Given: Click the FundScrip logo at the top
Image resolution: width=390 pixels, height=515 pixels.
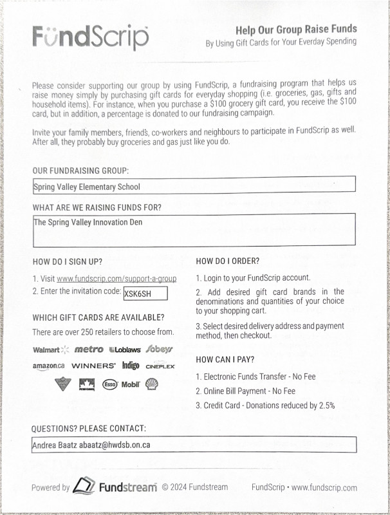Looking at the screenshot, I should [90, 38].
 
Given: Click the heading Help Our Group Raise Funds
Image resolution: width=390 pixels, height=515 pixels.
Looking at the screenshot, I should [296, 29].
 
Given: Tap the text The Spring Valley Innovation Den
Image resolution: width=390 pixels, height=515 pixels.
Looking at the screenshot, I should [88, 223].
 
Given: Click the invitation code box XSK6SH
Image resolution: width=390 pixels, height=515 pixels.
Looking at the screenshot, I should [145, 293].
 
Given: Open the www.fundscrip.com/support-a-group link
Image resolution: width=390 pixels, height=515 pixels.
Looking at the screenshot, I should [116, 279].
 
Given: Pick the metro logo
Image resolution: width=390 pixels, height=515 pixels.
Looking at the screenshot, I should [89, 350].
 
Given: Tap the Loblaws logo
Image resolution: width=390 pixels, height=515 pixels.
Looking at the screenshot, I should [125, 350].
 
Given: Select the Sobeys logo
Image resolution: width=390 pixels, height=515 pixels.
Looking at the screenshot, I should [159, 349].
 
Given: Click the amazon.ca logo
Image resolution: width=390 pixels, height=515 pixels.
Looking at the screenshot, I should [48, 366].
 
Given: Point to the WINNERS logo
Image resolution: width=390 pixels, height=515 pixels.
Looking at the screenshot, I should [93, 366].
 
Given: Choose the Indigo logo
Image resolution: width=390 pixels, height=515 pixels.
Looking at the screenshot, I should [131, 366].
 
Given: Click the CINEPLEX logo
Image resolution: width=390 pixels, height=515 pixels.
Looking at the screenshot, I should [160, 366].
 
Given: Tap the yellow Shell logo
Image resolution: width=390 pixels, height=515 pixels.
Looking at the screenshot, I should [152, 384].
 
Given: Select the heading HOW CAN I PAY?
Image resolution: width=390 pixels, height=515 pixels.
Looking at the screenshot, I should [225, 359].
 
